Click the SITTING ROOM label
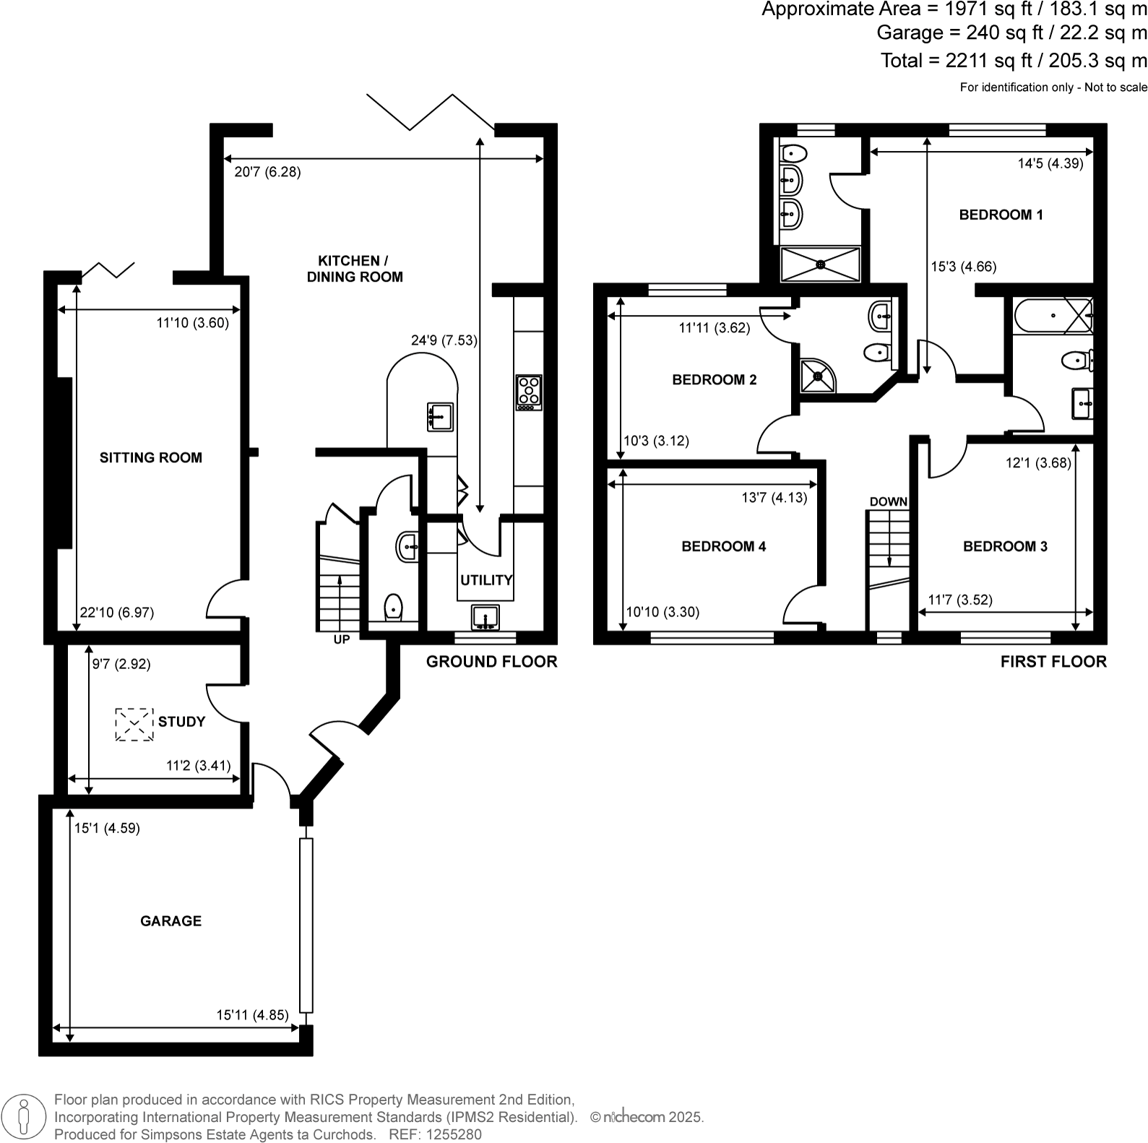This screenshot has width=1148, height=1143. (x=150, y=457)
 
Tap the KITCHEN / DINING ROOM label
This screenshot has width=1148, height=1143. (x=354, y=269)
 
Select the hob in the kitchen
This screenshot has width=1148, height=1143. (x=529, y=392)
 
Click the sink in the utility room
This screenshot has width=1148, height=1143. (x=485, y=618)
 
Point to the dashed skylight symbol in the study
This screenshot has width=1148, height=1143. (x=134, y=724)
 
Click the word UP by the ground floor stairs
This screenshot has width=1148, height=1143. (x=342, y=639)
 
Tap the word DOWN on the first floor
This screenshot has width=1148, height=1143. (x=888, y=501)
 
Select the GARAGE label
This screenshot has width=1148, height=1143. (x=171, y=920)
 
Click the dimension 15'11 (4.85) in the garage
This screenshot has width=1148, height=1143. (x=252, y=1014)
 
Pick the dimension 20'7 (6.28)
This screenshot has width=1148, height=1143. (x=267, y=172)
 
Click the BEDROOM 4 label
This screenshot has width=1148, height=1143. (x=723, y=546)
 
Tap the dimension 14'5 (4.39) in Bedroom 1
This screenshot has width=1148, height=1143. (x=1050, y=163)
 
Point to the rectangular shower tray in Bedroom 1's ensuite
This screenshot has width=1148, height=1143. (x=821, y=264)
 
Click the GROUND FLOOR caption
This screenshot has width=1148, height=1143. (x=491, y=662)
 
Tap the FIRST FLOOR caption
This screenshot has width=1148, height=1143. (x=1053, y=662)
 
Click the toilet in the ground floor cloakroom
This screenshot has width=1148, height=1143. (x=393, y=607)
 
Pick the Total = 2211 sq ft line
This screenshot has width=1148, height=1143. (x=1013, y=61)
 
